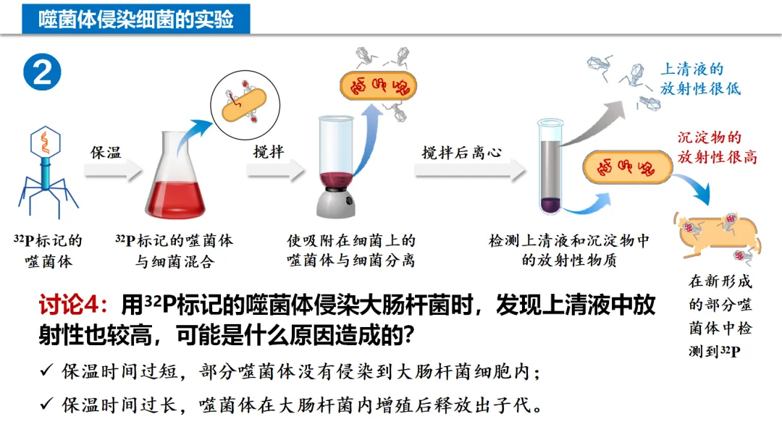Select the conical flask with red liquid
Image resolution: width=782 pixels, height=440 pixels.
point(172,181)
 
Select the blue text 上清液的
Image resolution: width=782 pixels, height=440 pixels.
point(691,69)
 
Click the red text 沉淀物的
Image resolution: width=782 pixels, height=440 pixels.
point(709,137)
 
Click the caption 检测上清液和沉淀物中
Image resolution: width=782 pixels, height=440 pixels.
point(569,241)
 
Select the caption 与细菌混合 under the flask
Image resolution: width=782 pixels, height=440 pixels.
point(175,261)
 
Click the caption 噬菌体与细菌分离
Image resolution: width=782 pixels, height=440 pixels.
point(350,261)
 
